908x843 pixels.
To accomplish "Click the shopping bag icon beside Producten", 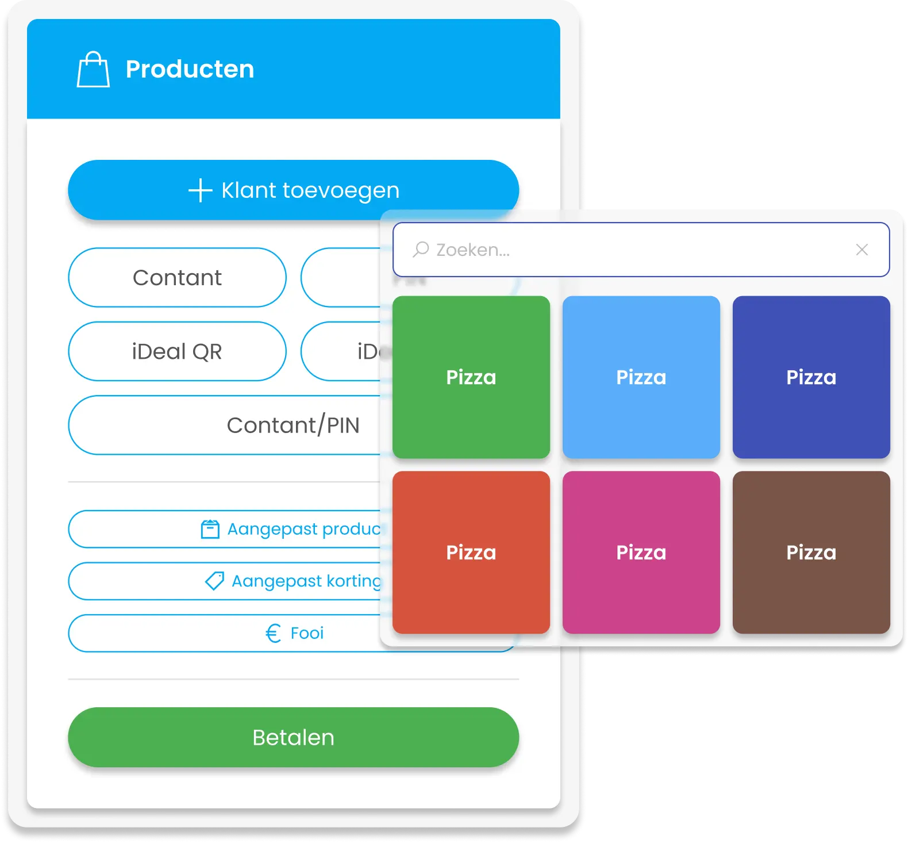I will click(93, 70).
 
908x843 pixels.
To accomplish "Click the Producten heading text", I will click(190, 70).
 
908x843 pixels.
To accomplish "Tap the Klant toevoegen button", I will click(293, 190).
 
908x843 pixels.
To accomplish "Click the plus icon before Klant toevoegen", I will click(201, 190).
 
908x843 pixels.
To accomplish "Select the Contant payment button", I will click(177, 278).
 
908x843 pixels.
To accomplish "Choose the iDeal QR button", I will click(177, 351).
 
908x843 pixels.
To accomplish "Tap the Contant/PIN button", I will click(230, 426).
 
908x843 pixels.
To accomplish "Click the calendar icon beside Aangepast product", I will click(210, 529).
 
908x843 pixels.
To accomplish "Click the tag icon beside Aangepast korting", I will click(214, 581).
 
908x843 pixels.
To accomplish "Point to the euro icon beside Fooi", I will click(273, 633).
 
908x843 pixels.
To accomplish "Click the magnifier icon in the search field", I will click(421, 250).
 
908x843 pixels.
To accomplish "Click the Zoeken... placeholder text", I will click(473, 250).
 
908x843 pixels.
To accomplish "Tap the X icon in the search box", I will click(861, 250).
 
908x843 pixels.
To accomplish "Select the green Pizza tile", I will click(471, 377).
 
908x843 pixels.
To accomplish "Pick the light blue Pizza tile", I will click(641, 377).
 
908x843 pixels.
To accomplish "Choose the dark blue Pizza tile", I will click(811, 377).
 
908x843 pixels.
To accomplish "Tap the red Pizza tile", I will click(471, 553).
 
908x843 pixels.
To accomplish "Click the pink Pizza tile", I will click(641, 553).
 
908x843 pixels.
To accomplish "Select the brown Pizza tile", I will click(811, 553).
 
